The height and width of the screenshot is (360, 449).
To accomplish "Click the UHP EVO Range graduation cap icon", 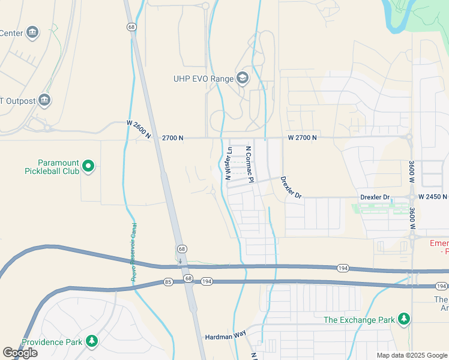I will point(243,78).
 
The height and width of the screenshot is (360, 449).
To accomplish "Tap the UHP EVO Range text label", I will point(203,79).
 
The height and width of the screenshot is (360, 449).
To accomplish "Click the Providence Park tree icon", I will point(91,341).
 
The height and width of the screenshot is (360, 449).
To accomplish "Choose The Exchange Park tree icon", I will point(405,319).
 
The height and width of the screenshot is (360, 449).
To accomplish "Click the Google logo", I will point(20,353).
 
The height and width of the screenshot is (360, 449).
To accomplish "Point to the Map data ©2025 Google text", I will point(411,355).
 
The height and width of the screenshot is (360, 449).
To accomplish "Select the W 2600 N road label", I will point(139,130).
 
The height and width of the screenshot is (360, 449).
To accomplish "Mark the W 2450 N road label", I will point(433,197).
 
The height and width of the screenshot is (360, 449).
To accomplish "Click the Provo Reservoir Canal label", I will point(134,252).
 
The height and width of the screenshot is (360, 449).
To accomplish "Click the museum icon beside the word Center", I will point(32,32).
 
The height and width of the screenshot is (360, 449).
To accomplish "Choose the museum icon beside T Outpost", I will point(44,100).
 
